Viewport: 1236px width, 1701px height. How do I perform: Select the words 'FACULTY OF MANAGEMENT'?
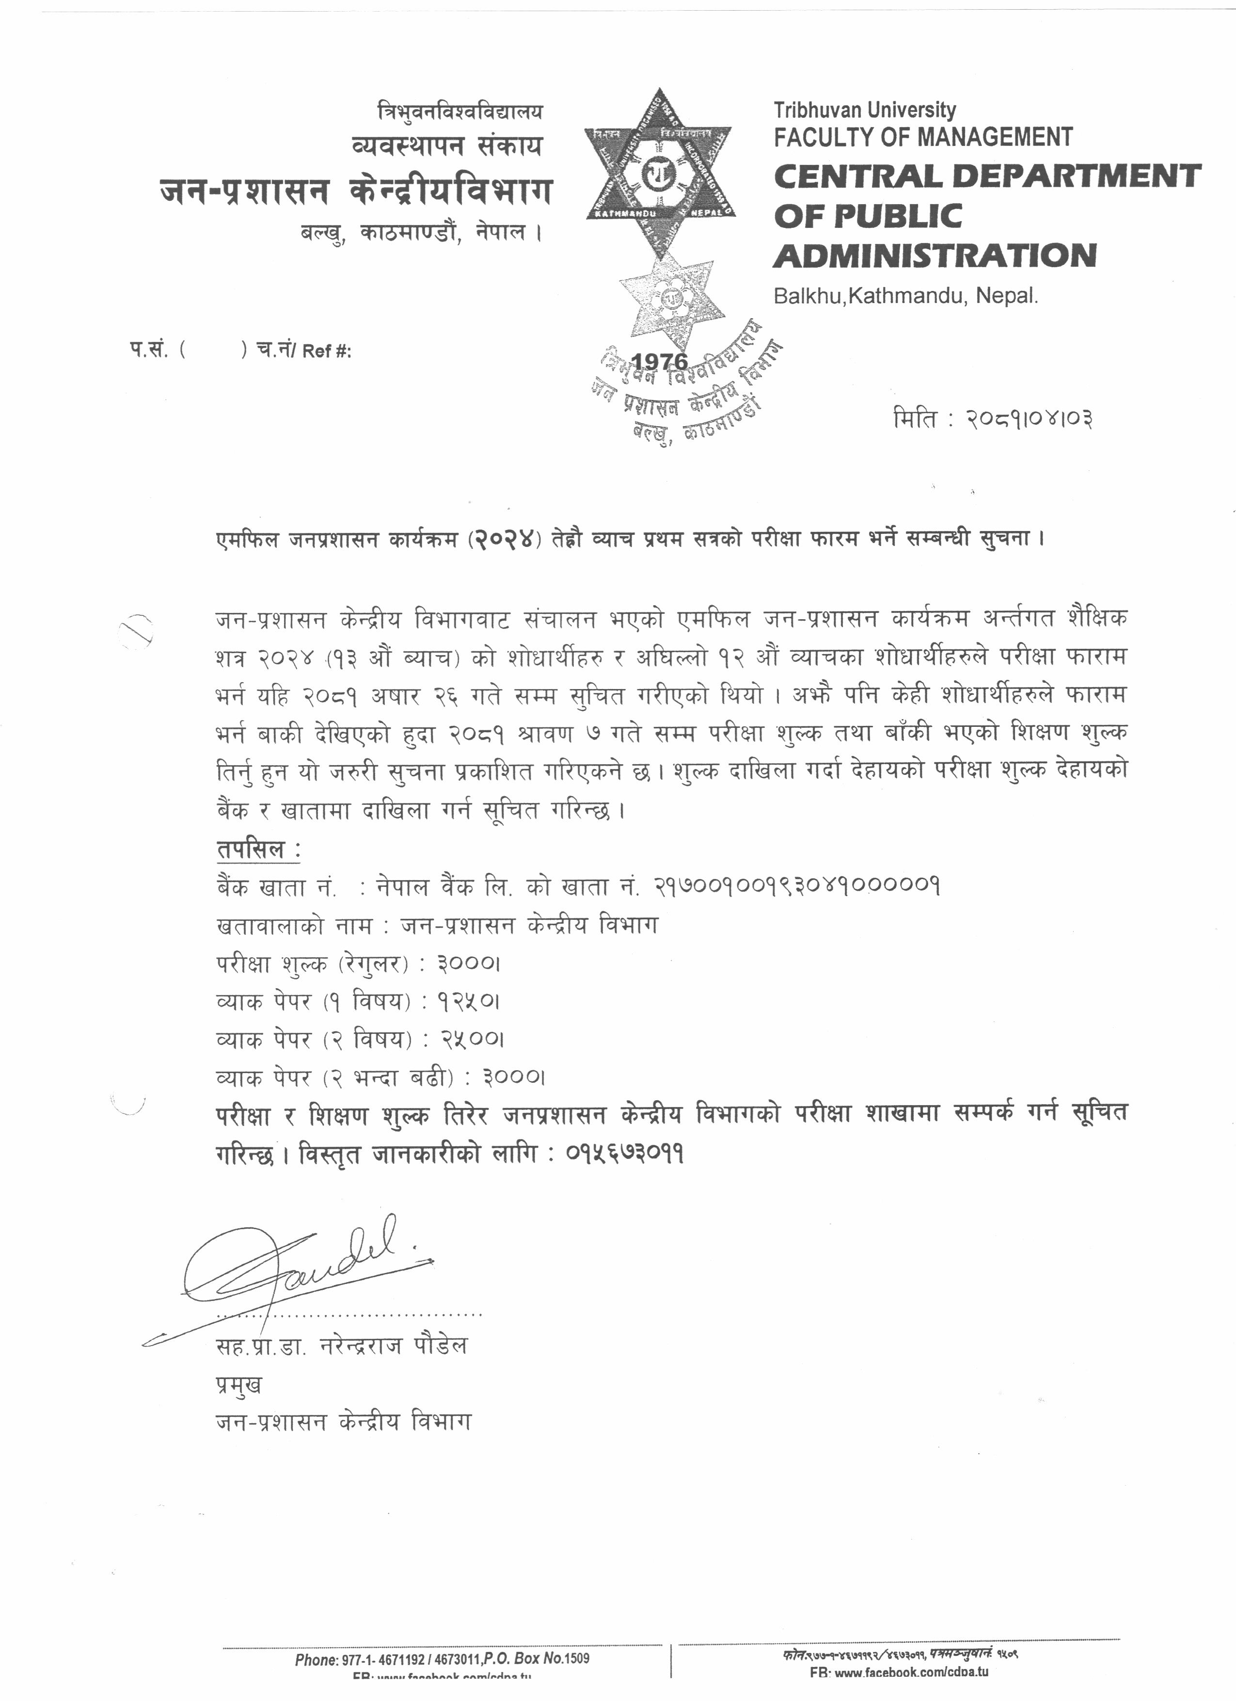[x=923, y=137]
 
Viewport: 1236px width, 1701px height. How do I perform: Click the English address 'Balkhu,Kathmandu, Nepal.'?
[x=905, y=296]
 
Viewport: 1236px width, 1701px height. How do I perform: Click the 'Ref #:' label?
[x=327, y=351]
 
